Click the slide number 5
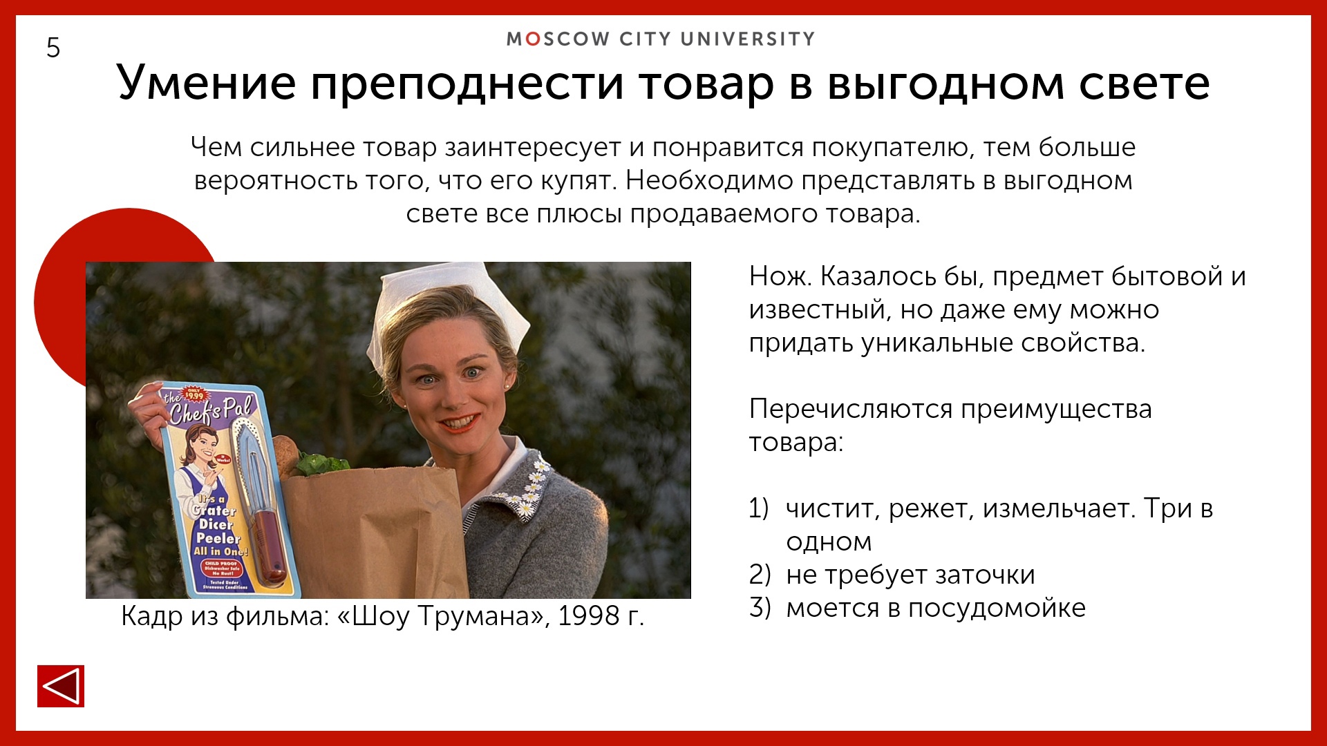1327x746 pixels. [53, 48]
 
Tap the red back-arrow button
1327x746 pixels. [61, 686]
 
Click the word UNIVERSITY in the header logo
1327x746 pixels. [748, 39]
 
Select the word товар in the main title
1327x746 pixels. [705, 83]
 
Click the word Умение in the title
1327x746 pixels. [207, 83]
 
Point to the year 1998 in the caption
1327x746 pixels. [588, 616]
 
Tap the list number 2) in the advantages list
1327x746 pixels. [760, 575]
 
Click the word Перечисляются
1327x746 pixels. [851, 410]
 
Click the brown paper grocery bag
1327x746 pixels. [373, 532]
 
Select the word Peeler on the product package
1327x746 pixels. [218, 538]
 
